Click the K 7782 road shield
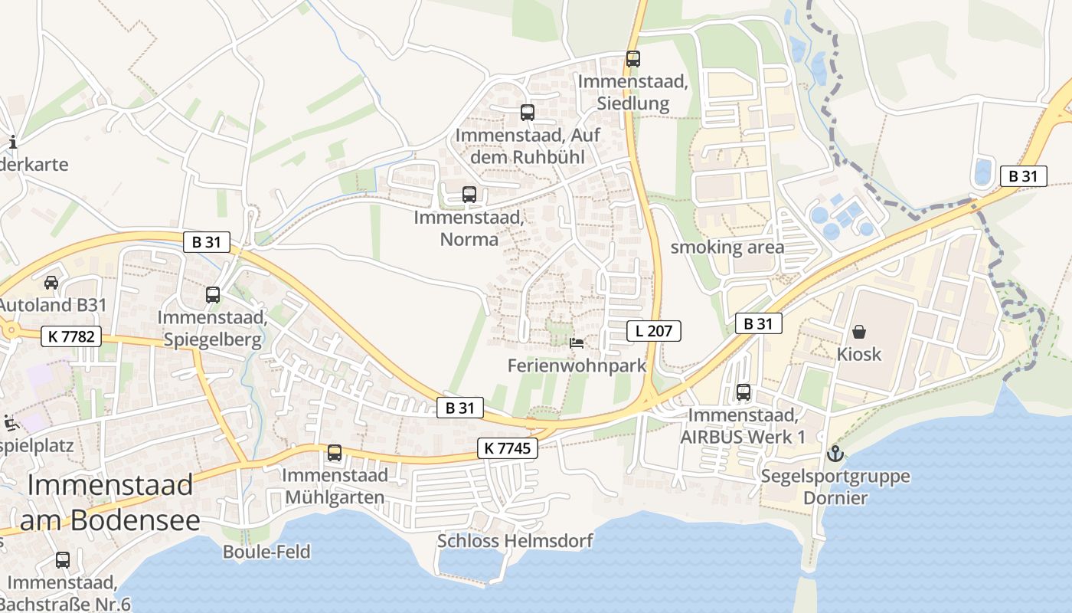(71, 336)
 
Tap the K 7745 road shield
(508, 448)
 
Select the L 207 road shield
(653, 331)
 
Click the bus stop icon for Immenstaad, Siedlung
(632, 59)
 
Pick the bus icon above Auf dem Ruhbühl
(527, 113)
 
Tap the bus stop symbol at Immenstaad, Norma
(469, 195)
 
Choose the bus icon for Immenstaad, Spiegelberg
(213, 294)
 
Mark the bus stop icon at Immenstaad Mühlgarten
(335, 453)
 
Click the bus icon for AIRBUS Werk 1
(743, 393)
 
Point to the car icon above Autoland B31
(51, 283)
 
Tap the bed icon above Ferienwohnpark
(577, 343)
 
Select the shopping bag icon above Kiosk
(859, 332)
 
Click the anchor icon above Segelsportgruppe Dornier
(835, 454)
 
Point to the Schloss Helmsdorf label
(515, 541)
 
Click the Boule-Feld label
(266, 552)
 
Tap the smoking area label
(727, 247)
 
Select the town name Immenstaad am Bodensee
(110, 502)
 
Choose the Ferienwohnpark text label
(577, 366)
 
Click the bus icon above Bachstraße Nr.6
(63, 560)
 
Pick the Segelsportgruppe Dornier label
(835, 487)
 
